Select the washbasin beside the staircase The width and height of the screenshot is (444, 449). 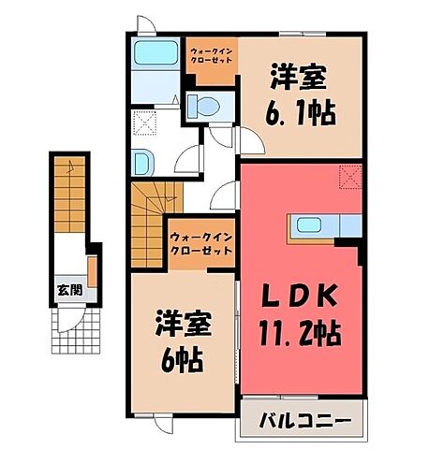click(x=142, y=161)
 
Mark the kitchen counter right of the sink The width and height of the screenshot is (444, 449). click(x=348, y=224)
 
